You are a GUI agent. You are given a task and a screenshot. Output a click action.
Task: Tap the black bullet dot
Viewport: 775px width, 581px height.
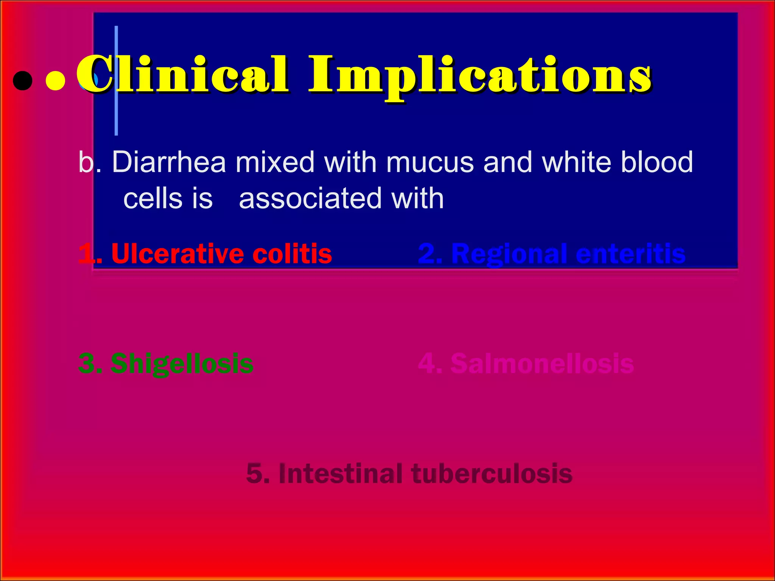(x=22, y=81)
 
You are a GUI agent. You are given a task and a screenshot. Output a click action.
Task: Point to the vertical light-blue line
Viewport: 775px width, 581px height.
(x=116, y=113)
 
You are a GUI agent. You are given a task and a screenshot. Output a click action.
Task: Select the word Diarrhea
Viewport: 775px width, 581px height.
(x=169, y=162)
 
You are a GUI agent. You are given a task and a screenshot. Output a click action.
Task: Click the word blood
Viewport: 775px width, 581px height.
(x=657, y=162)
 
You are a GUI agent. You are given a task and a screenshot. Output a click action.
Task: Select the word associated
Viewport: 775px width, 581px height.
(x=310, y=199)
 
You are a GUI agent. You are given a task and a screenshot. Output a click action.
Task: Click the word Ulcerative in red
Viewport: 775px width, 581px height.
(x=178, y=254)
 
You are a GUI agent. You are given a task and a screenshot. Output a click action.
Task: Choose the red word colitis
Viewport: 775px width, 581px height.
(x=292, y=254)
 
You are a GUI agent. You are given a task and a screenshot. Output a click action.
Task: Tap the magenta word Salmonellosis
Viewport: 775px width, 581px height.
(x=542, y=364)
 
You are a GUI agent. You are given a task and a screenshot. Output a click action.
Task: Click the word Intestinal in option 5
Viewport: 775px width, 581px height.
(x=341, y=473)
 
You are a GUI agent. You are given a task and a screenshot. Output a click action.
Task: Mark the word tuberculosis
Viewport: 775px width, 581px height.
(x=492, y=473)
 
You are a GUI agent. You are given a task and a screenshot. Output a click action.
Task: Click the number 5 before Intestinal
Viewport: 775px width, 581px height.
(x=254, y=473)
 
